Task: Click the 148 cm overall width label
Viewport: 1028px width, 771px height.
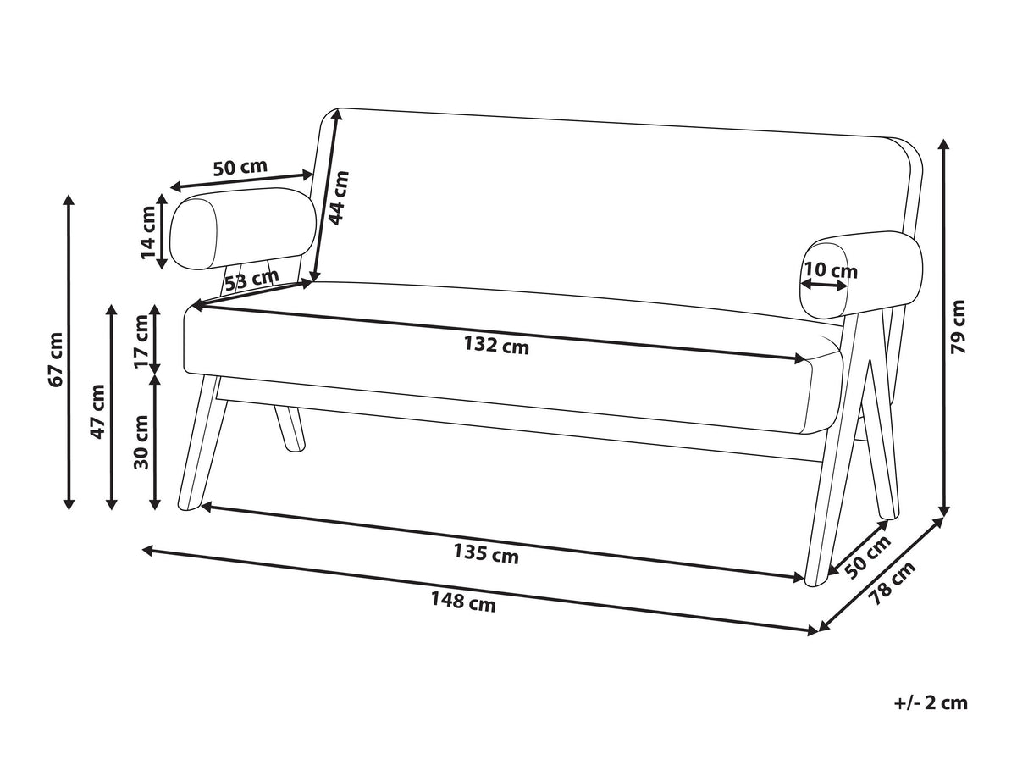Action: coord(463,602)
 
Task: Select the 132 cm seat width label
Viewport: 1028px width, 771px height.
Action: coord(496,347)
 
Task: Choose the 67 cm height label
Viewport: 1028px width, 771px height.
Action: coord(55,360)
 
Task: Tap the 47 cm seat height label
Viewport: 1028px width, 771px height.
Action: coord(97,412)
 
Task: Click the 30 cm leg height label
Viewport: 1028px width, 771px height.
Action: coord(141,442)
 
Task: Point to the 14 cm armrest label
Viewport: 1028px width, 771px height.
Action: coord(148,232)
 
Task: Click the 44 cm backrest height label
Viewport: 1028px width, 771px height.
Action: coord(338,198)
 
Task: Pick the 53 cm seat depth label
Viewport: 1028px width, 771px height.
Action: coord(252,280)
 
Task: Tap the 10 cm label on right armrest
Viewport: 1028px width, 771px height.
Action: coord(831,270)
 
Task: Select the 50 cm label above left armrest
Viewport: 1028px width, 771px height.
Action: coord(240,167)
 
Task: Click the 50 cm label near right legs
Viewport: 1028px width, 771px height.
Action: coord(868,557)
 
